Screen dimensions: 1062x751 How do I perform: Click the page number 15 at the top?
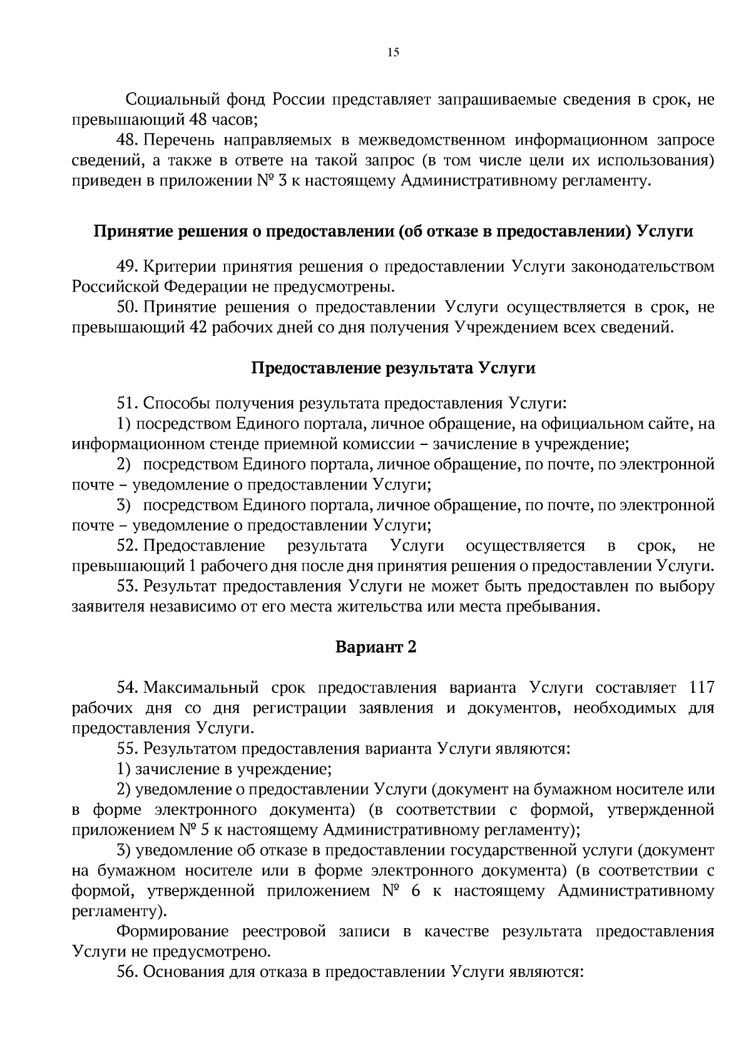pyautogui.click(x=393, y=53)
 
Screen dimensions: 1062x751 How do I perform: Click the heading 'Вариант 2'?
pyautogui.click(x=375, y=646)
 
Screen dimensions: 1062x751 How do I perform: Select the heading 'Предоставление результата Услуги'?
pyautogui.click(x=393, y=367)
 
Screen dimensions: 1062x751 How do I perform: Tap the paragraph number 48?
pyautogui.click(x=127, y=141)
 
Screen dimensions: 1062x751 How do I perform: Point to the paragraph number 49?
pyautogui.click(x=127, y=267)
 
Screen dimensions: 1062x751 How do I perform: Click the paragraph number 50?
pyautogui.click(x=127, y=307)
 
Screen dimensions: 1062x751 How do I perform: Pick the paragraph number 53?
pyautogui.click(x=127, y=586)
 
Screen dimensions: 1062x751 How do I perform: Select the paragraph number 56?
pyautogui.click(x=127, y=972)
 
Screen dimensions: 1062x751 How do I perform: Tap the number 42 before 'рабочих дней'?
pyautogui.click(x=198, y=327)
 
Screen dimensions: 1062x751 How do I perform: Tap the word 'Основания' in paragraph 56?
pyautogui.click(x=181, y=972)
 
